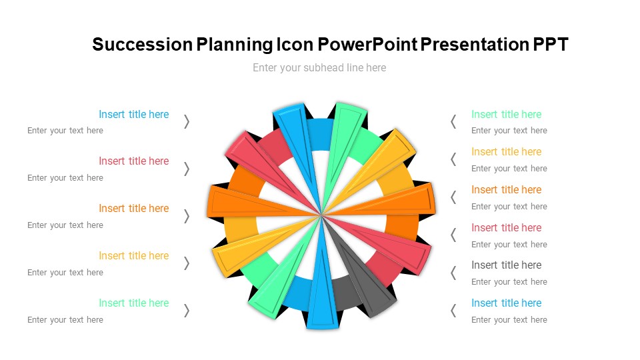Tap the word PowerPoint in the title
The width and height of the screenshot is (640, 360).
point(367,45)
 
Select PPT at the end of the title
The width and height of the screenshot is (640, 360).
point(550,45)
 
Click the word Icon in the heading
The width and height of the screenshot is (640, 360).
point(294,45)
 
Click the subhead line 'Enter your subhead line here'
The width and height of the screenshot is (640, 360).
point(319,67)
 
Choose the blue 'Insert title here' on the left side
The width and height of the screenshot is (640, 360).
point(133,114)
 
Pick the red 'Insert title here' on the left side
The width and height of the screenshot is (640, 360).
point(133,161)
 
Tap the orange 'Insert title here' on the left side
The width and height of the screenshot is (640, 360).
point(133,208)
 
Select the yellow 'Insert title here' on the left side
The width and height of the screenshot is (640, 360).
point(133,255)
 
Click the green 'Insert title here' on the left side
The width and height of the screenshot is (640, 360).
point(133,303)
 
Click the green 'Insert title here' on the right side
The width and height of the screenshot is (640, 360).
point(506,114)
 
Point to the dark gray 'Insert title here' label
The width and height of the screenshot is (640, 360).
point(506,265)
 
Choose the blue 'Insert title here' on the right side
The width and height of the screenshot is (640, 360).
point(506,303)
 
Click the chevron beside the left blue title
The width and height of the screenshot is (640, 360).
point(187,121)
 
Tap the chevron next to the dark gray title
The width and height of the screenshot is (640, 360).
point(453,273)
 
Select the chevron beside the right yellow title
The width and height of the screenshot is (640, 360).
point(453,159)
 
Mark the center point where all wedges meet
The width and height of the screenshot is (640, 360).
point(321,215)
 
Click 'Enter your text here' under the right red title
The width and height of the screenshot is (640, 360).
point(509,244)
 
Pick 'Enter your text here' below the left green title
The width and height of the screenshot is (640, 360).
point(65,319)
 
